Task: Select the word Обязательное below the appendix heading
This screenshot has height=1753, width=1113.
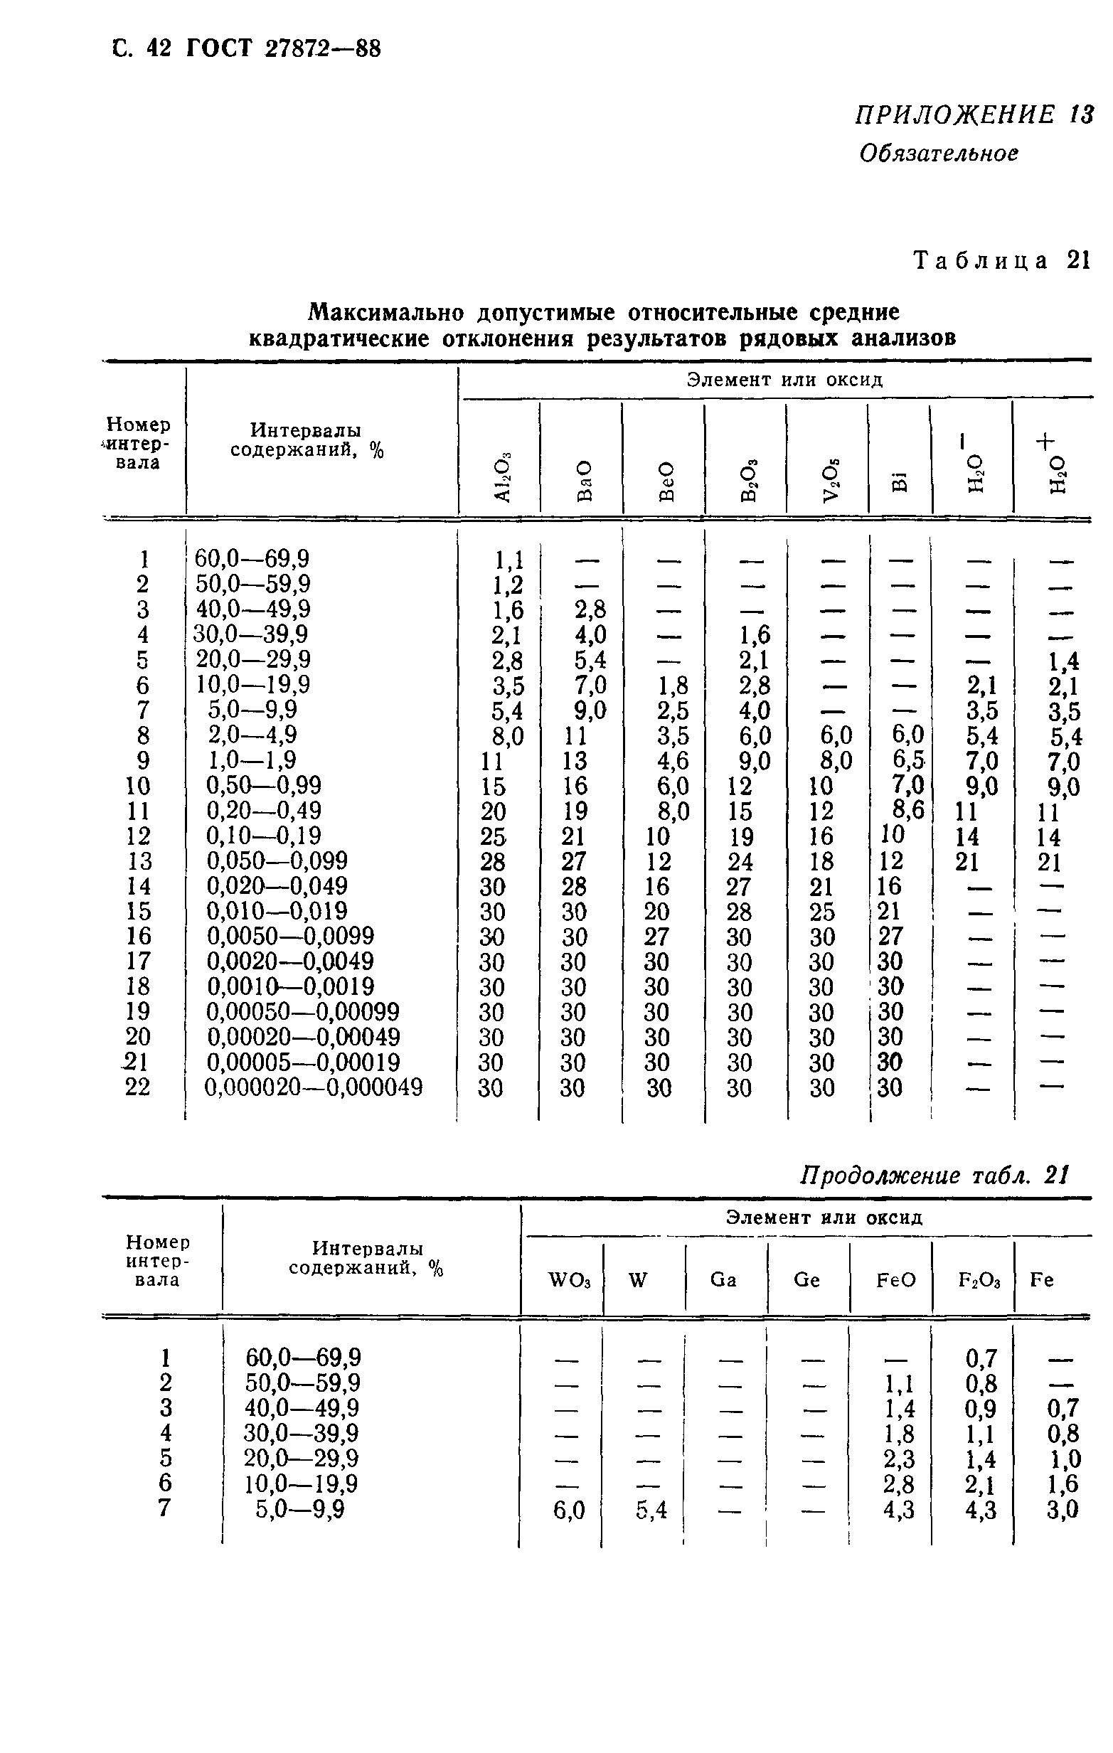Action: (938, 154)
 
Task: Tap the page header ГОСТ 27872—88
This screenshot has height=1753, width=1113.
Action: (283, 49)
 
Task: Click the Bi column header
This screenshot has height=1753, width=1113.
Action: (900, 481)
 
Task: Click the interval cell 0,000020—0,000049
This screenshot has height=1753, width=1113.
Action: (314, 1087)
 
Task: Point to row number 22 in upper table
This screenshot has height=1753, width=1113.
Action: (137, 1087)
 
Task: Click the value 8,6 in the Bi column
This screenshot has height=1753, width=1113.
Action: (907, 809)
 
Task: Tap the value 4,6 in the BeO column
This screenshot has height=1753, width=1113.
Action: (673, 760)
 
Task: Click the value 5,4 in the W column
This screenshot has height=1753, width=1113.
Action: (651, 1511)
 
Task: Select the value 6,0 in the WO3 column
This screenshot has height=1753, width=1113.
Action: (568, 1511)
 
